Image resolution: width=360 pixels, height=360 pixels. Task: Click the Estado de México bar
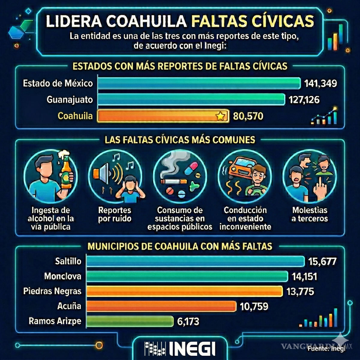point(199,83)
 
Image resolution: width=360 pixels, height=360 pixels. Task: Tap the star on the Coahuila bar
point(220,116)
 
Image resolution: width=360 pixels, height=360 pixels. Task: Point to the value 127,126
point(304,100)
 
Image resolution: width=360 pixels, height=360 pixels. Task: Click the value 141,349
point(320,83)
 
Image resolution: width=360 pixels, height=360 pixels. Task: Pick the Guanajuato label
point(70,100)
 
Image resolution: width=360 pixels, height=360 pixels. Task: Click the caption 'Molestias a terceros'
point(310,214)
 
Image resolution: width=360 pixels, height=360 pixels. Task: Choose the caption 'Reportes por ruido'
point(115,214)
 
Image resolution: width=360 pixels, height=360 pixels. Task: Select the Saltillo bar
point(195,261)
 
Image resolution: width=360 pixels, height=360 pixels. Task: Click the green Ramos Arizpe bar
point(130,321)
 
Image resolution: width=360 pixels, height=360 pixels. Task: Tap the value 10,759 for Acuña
point(254,306)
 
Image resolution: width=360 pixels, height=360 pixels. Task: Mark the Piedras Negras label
point(52,291)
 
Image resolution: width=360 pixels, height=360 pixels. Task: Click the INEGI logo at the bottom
point(180,349)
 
